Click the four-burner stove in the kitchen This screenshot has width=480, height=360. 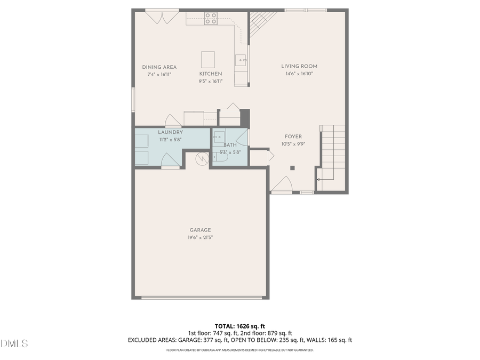[x=211, y=19]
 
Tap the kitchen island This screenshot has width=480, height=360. [x=208, y=58]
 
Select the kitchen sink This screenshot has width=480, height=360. [x=242, y=61]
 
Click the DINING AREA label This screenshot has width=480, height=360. [x=159, y=67]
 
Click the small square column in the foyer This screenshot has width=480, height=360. [x=292, y=168]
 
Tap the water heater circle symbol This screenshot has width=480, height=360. [x=202, y=158]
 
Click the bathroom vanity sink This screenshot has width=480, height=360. [x=219, y=137]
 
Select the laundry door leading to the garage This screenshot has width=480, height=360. [x=170, y=161]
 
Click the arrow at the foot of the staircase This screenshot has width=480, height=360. [x=319, y=180]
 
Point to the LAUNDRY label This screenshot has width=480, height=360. [x=170, y=132]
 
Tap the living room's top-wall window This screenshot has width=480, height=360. [x=305, y=10]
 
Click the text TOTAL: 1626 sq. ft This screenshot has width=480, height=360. [x=239, y=326]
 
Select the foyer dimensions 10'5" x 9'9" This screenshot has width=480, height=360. [x=293, y=144]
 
